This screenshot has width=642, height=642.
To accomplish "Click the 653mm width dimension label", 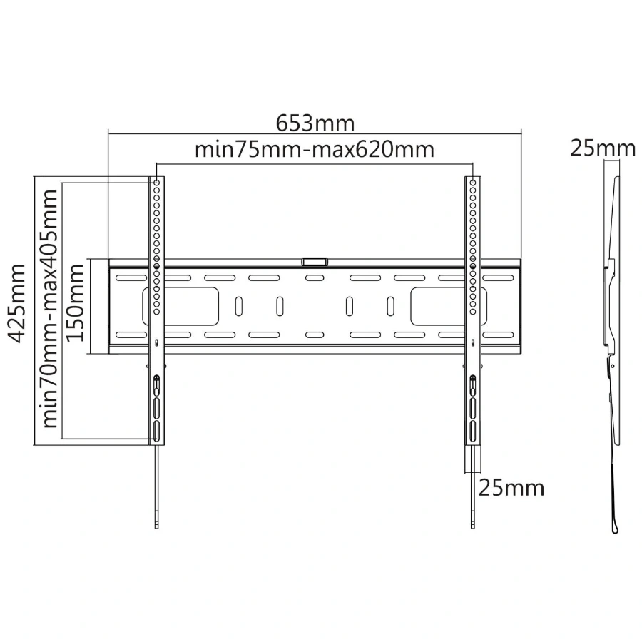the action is click(x=315, y=123).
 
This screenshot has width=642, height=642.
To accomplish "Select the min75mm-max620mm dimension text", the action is click(x=314, y=150).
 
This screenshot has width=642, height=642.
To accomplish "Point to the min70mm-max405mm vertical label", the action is click(x=49, y=309).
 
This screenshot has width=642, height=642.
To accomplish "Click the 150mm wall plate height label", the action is click(x=76, y=302).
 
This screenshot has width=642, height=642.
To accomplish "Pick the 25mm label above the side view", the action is click(x=603, y=148).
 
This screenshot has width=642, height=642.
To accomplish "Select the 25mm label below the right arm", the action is click(x=511, y=488).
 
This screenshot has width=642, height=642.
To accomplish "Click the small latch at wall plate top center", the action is click(x=315, y=261).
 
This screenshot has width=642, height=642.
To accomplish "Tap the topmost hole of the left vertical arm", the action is click(x=157, y=182).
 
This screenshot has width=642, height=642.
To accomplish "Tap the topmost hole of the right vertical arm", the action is click(x=473, y=182).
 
